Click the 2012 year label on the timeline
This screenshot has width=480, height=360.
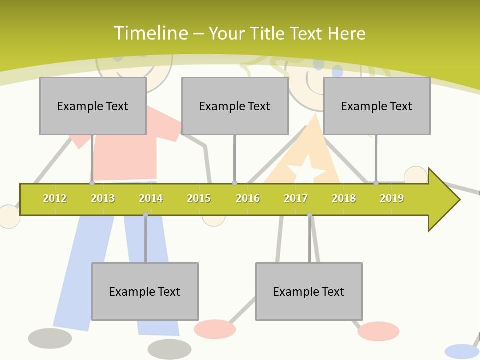point(55,198)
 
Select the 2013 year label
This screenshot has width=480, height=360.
point(103,198)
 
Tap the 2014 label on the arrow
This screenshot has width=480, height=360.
point(151,198)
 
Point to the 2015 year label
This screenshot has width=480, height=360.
point(199,198)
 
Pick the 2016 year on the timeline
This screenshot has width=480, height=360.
point(248,198)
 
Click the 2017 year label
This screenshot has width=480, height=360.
point(296,198)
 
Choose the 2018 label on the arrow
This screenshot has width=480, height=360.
point(344,198)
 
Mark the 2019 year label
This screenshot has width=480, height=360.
point(392,198)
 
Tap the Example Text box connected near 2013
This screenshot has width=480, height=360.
point(93,106)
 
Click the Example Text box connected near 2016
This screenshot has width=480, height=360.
point(235,106)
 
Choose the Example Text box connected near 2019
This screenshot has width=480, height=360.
point(377,106)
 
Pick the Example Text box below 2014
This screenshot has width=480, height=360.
point(145,291)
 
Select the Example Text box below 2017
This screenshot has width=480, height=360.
point(309,291)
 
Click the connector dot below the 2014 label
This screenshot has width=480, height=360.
point(145,214)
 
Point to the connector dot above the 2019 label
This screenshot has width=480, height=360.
point(376,183)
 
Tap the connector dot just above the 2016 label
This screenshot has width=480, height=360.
point(234,183)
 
